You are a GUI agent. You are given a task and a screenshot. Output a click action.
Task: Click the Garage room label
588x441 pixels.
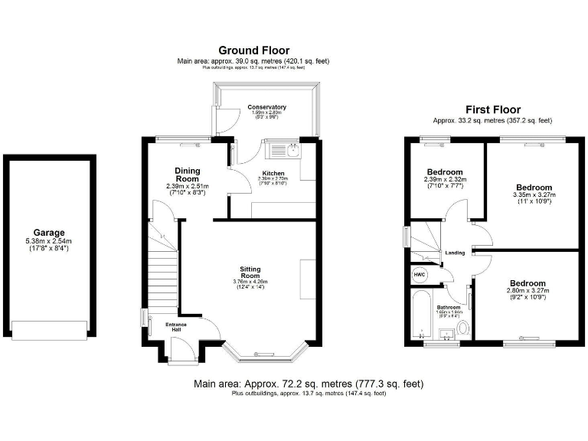coord(48,233)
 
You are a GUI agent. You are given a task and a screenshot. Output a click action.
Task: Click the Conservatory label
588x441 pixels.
coord(266,107)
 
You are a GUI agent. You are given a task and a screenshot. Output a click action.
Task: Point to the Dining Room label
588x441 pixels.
coord(188,175)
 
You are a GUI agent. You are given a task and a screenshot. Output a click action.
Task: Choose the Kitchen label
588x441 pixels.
coord(273,173)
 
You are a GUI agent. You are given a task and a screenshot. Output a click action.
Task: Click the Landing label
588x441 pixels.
coord(455,253)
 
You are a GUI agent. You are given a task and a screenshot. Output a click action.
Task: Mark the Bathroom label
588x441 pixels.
coord(448,308)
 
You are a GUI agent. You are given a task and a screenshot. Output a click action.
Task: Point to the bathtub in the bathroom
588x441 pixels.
coord(420,315)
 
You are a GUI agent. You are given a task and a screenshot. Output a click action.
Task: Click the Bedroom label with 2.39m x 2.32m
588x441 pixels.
coord(445,171)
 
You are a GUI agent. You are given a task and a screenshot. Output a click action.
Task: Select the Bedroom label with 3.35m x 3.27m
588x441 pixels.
coord(534,188)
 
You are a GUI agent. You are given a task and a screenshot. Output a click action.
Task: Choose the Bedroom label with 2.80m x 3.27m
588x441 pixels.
coord(526,283)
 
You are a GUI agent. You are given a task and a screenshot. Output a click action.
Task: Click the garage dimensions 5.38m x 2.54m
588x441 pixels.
coord(48,244)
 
